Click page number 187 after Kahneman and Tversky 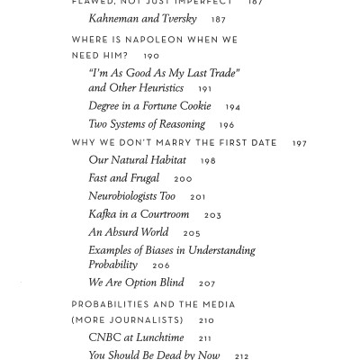[219, 20]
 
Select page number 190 [151, 56]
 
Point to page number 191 [204, 89]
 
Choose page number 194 [232, 107]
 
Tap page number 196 [226, 125]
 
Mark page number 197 [299, 143]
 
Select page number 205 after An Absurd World [192, 233]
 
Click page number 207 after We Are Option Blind [207, 283]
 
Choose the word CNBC [105, 337]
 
